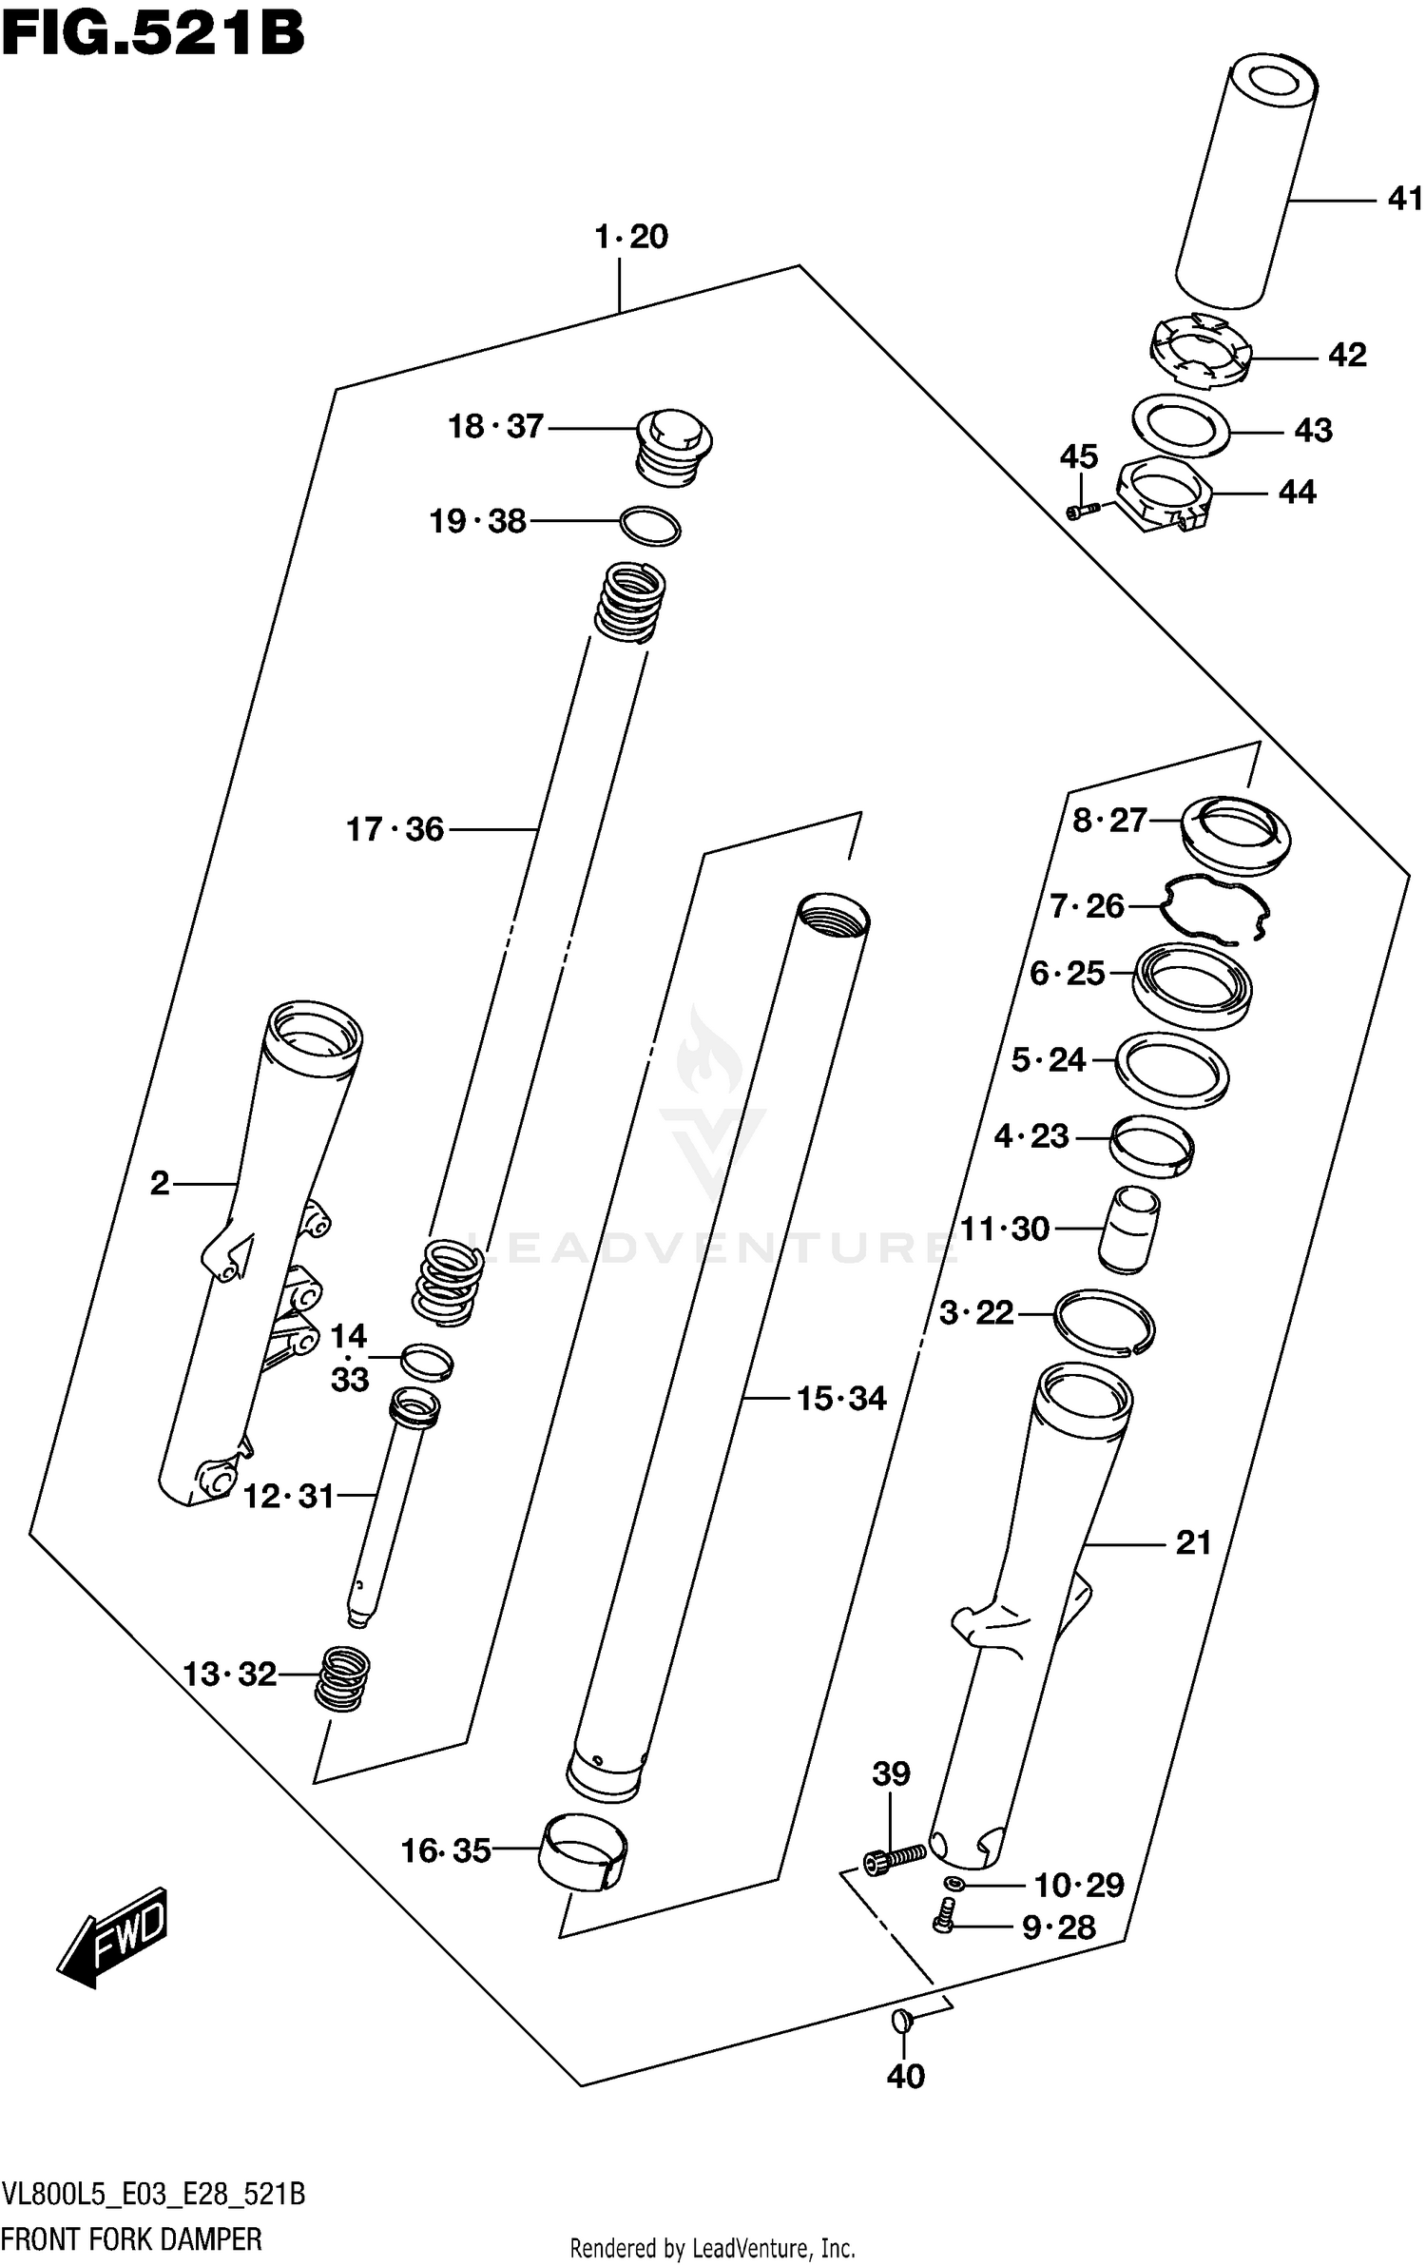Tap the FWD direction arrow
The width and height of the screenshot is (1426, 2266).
coord(113,1934)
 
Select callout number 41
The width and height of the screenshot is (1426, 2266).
coord(1405,199)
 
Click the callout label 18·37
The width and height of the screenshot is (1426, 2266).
coord(495,427)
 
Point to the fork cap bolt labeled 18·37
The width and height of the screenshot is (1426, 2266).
coord(673,446)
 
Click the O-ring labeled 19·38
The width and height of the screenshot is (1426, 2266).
coord(650,525)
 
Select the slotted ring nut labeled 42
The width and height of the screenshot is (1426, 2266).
coord(1200,354)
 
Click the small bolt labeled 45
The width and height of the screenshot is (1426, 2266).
coord(1082,512)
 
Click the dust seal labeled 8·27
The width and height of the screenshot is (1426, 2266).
coord(1235,834)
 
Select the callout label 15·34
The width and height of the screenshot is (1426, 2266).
coord(841,1399)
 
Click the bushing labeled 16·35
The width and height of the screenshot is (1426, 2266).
coord(584,1850)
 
